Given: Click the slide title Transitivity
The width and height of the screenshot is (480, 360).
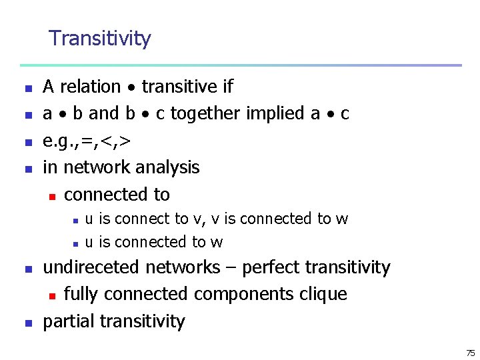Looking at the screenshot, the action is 100,39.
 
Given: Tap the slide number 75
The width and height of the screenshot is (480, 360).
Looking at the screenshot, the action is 470,353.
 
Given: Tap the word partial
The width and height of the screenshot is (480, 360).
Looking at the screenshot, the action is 69,321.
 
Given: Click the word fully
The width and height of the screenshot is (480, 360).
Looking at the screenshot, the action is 82,294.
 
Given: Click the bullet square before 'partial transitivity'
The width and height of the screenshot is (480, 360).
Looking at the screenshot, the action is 28,323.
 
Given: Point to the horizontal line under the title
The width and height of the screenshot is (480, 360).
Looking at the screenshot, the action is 240,65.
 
